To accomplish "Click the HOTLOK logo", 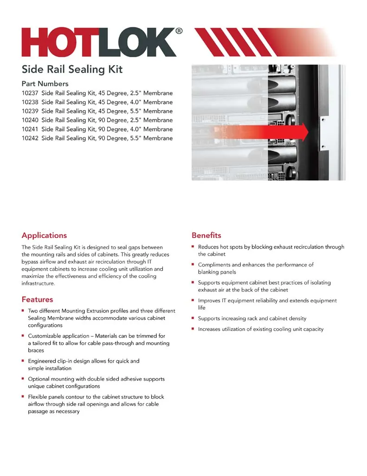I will pos(98,42).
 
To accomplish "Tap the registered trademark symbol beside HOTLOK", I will pos(179,31).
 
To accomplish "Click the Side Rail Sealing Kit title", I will pos(72,69).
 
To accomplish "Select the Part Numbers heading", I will pos(45,84).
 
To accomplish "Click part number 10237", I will pos(30,93).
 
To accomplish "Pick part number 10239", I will pos(30,111).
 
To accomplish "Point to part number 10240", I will pos(30,120).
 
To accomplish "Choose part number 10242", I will pos(30,138).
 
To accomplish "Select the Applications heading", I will pos(44,235).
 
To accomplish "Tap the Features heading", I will pos(37,299).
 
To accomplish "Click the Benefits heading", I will pos(206,235).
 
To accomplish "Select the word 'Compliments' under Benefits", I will pos(214,264).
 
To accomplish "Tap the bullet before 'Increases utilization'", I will pos(193,329).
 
